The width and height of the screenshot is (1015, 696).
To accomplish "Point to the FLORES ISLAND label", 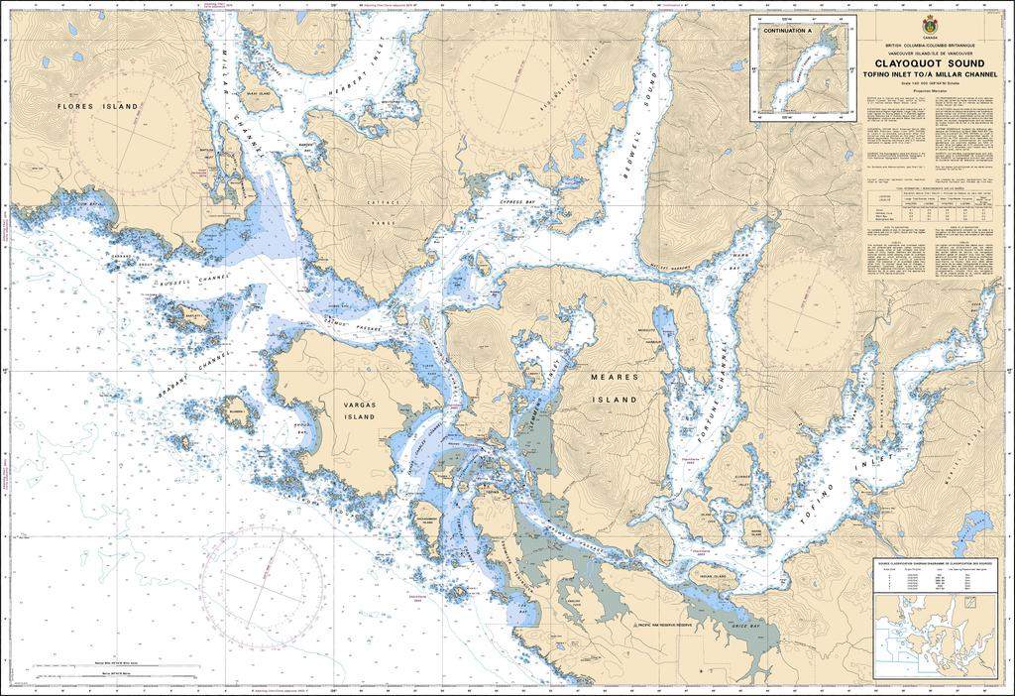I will coord(98,105).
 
